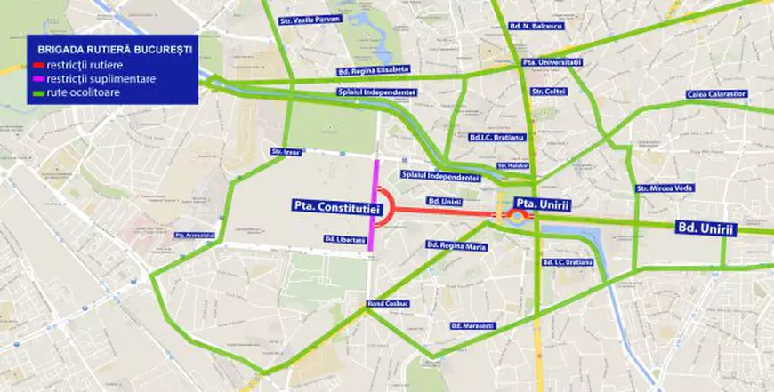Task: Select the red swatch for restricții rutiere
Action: pos(39,66)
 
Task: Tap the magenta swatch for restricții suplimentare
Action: pos(39,79)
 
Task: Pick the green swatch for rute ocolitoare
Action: pos(39,92)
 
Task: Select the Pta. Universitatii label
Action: pos(552,62)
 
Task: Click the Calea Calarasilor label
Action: pos(716,93)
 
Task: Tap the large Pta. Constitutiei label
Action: pos(335,205)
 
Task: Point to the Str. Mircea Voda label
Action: pos(665,188)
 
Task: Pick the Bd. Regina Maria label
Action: pos(456,244)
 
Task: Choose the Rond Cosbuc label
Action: pos(386,304)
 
